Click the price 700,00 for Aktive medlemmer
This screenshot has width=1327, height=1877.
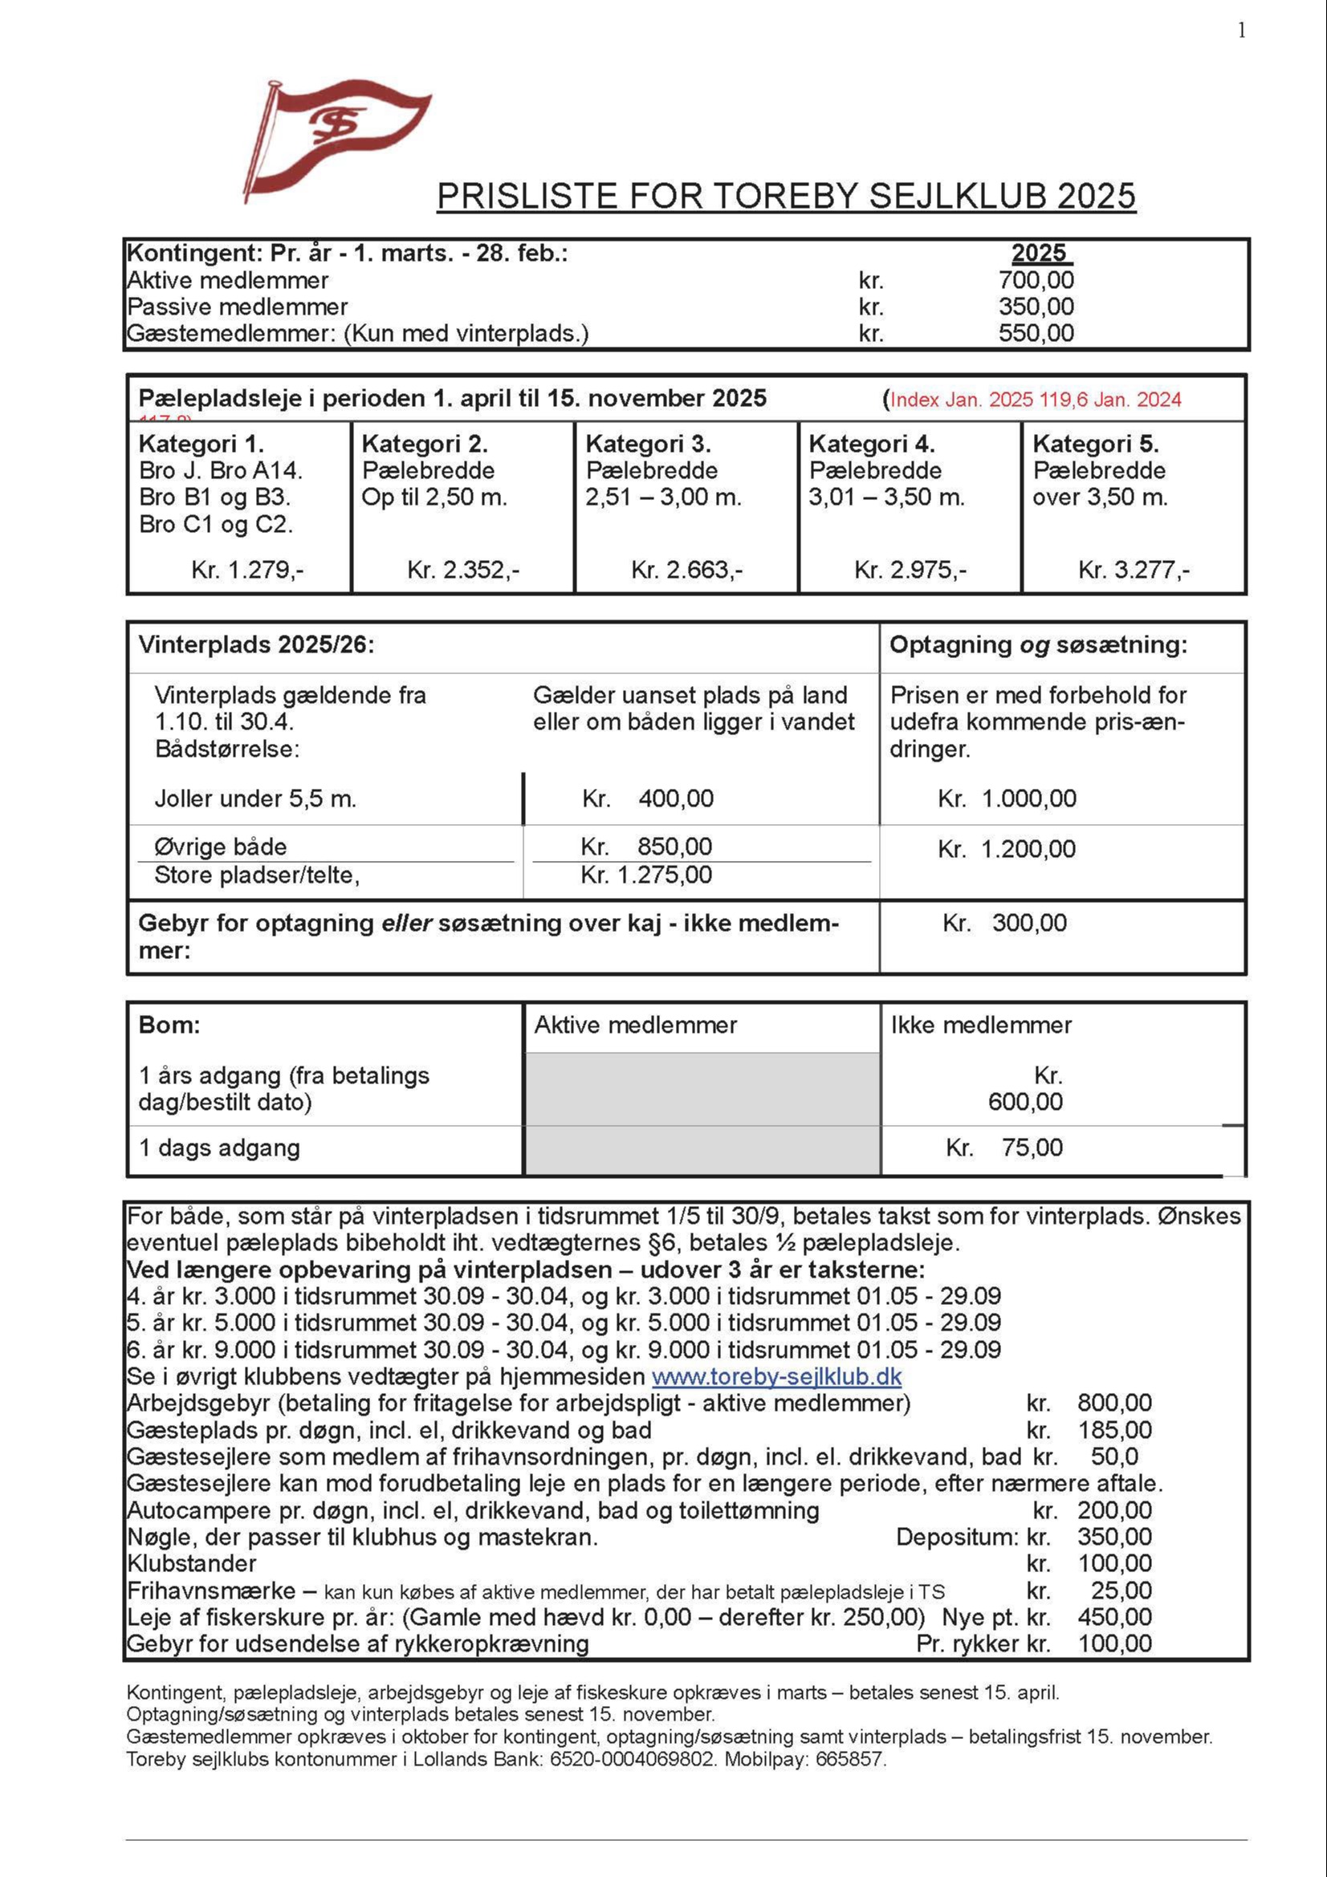1036,280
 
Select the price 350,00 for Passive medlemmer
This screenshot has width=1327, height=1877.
1036,307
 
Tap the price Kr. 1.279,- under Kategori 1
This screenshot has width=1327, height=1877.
247,569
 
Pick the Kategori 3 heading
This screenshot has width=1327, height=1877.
648,444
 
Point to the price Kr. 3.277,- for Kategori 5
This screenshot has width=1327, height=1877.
1134,569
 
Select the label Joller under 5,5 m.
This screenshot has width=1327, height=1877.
255,798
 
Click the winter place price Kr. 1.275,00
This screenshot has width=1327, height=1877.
646,875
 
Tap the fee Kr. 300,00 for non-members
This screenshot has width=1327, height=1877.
1004,923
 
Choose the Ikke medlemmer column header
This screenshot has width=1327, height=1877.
980,1025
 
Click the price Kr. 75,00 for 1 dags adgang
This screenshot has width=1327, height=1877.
1004,1147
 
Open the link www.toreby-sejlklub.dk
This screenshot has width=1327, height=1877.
776,1377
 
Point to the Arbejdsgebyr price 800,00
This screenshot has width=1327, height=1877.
1113,1403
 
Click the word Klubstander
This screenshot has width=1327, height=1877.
191,1563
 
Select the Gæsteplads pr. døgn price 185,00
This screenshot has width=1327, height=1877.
1113,1430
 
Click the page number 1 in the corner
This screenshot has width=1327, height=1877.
1241,31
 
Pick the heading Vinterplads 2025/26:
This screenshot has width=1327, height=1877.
256,645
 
